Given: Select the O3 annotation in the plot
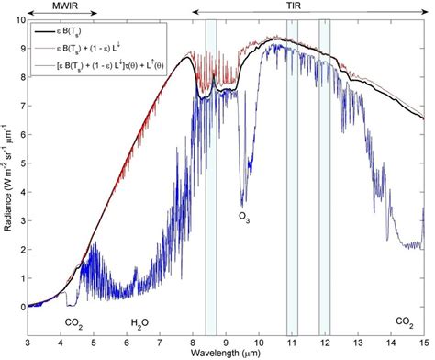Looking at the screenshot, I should [x=244, y=218].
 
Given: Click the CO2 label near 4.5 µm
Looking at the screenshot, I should [x=75, y=321].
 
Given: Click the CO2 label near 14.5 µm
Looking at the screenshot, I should [x=404, y=321].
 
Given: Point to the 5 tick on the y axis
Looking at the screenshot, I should [x=20, y=163].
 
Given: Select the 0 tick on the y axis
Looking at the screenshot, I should [x=20, y=307].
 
